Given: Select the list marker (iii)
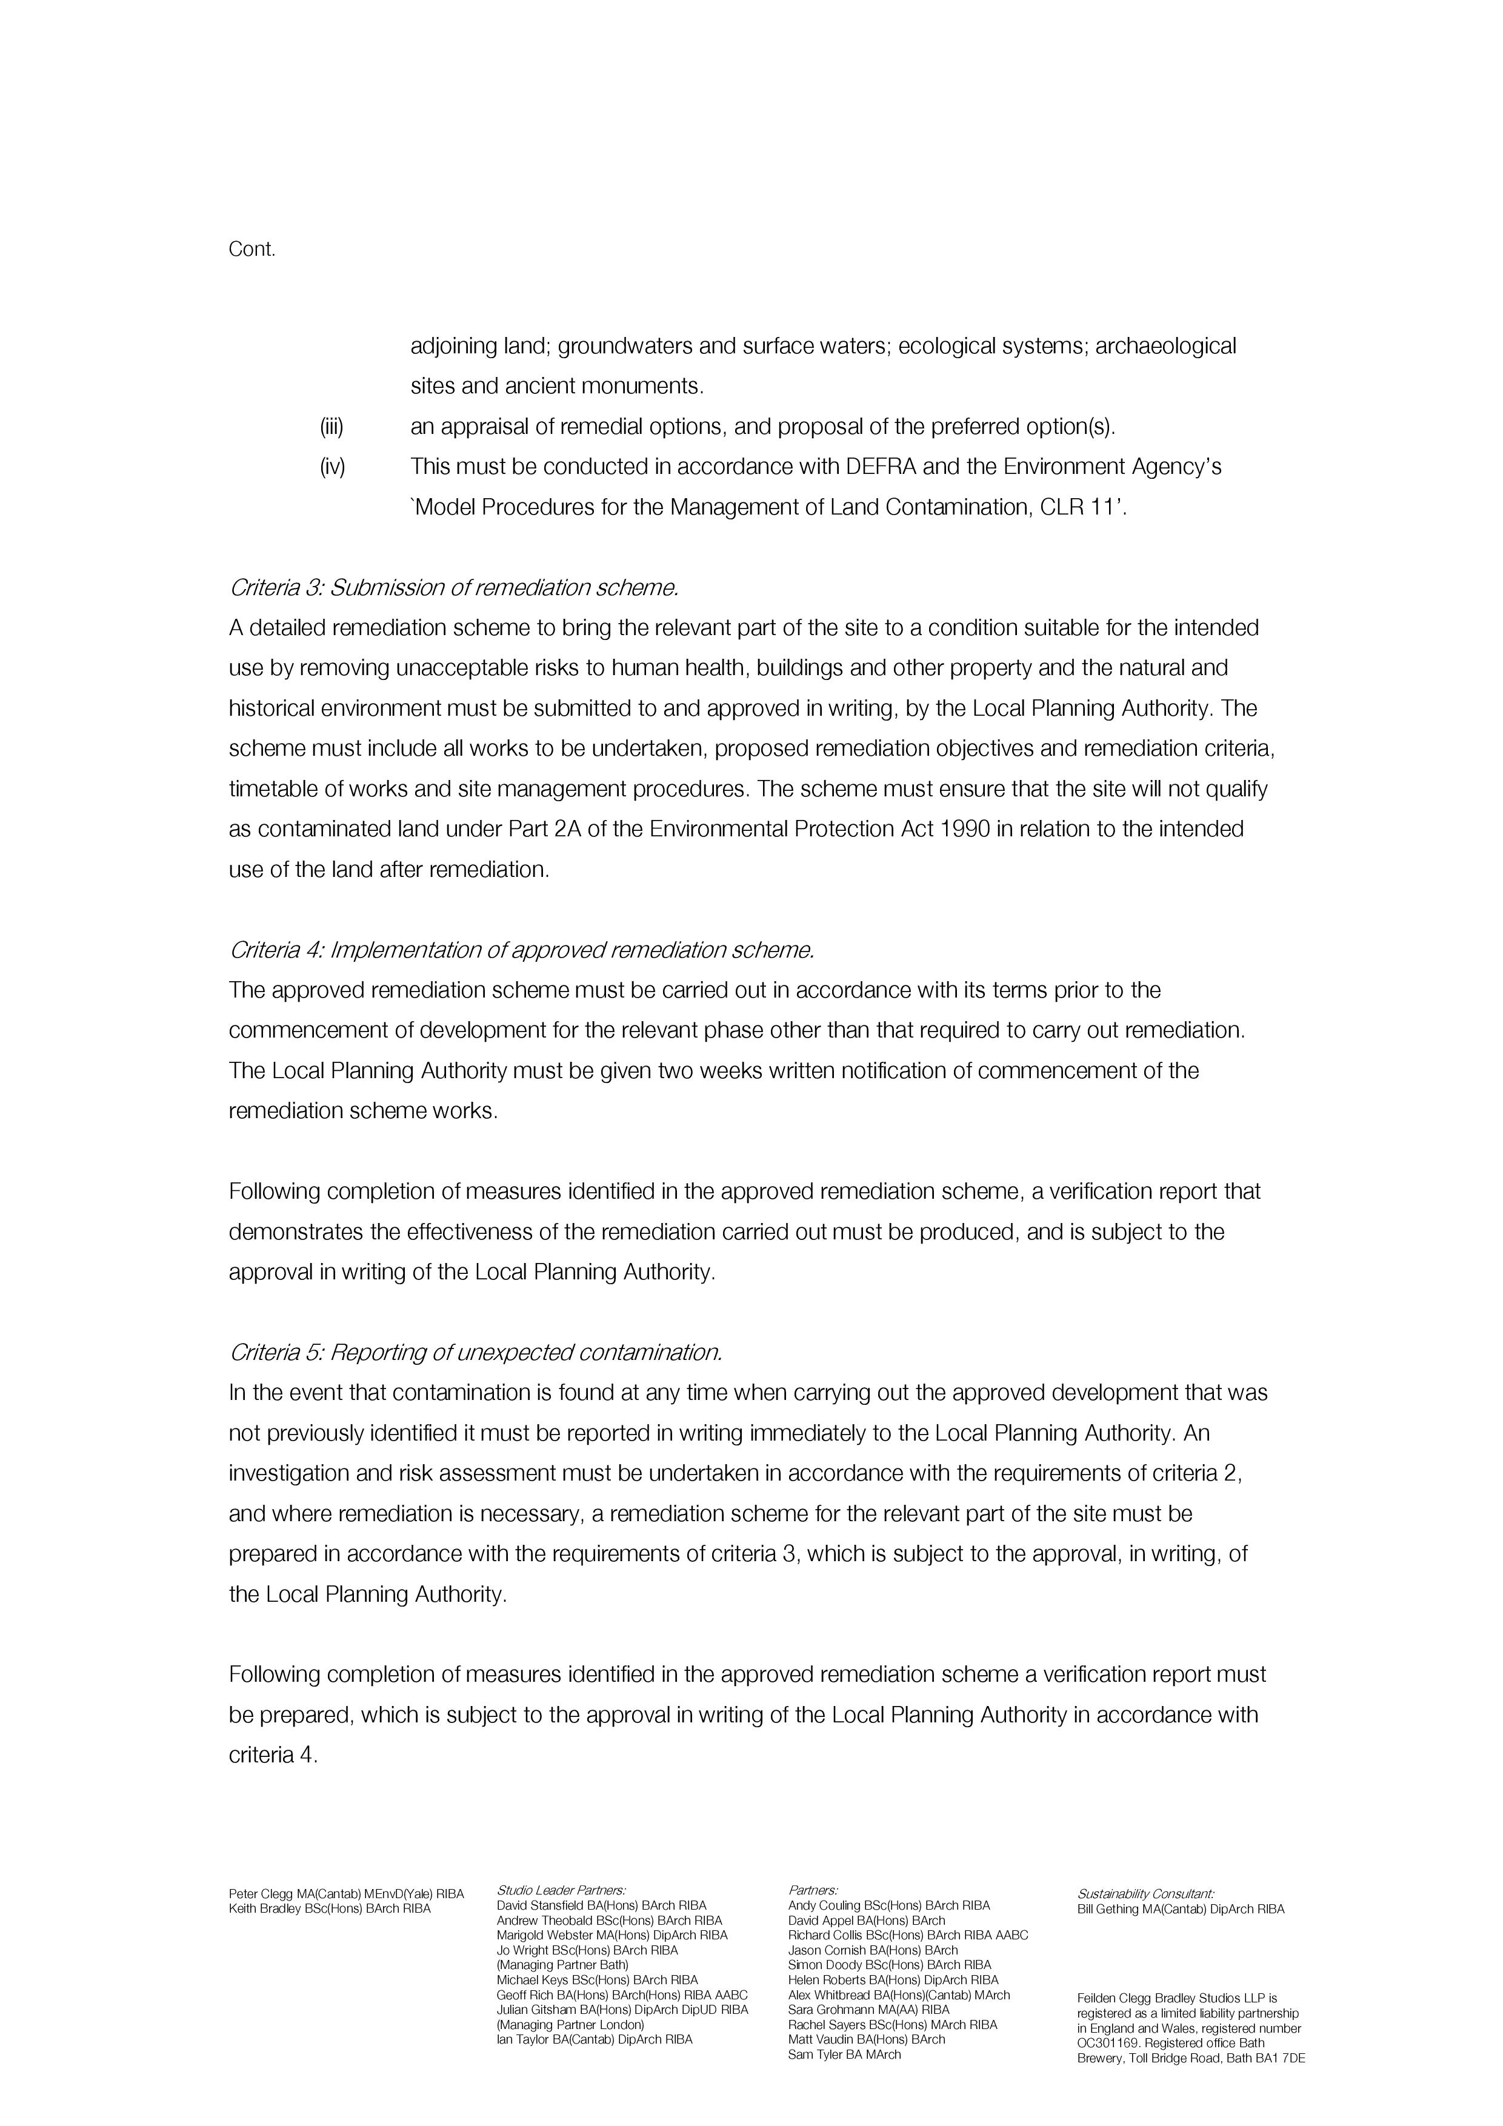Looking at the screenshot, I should tap(332, 427).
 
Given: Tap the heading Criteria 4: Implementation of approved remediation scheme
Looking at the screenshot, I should tap(521, 950).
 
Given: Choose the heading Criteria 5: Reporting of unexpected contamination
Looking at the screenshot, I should tap(475, 1353).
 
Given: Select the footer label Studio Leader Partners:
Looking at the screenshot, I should tap(561, 1890).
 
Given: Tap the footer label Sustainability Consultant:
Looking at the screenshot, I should tap(1145, 1894).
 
